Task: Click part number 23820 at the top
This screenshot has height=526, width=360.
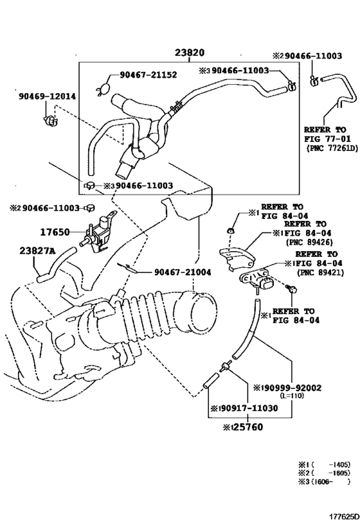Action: (x=190, y=53)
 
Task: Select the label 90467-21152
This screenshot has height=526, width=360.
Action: (x=148, y=75)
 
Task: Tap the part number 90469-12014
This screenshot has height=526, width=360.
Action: (x=47, y=96)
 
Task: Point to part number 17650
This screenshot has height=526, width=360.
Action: (x=55, y=232)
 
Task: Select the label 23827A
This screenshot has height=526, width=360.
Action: (x=37, y=250)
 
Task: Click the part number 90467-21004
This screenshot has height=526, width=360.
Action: (x=183, y=272)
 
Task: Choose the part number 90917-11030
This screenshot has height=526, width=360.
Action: (x=247, y=408)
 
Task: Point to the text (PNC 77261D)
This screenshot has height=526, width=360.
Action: (x=332, y=148)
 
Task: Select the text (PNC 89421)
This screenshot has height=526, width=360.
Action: (x=320, y=273)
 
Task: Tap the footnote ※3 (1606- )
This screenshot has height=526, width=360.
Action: (x=324, y=482)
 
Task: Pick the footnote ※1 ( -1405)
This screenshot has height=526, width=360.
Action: (x=324, y=464)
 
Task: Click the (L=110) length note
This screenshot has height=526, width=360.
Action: (x=291, y=396)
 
